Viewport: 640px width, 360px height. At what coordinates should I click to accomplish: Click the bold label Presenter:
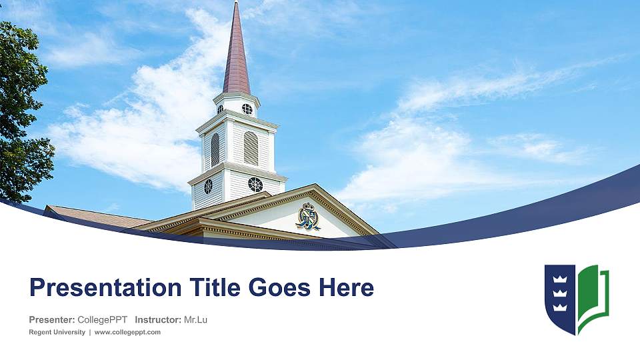click(52, 320)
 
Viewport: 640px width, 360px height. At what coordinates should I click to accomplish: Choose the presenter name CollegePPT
click(103, 320)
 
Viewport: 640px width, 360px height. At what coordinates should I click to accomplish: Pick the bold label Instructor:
click(157, 320)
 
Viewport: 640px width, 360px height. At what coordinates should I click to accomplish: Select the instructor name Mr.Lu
click(195, 320)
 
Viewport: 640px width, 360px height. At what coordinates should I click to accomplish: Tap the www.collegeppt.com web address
click(128, 332)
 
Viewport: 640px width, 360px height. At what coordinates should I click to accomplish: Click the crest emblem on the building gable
click(308, 216)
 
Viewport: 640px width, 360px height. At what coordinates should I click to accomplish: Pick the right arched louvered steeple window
click(250, 148)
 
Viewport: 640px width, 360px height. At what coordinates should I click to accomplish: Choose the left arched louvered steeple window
click(215, 149)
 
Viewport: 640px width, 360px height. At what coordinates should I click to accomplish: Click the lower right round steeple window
click(255, 184)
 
